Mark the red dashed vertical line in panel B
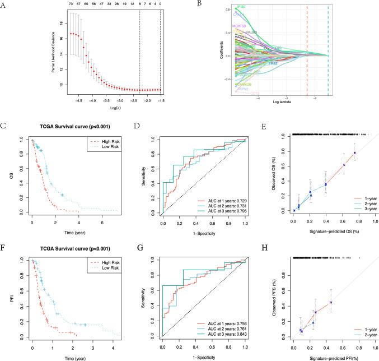[307, 50]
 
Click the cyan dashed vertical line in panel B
[328, 50]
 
